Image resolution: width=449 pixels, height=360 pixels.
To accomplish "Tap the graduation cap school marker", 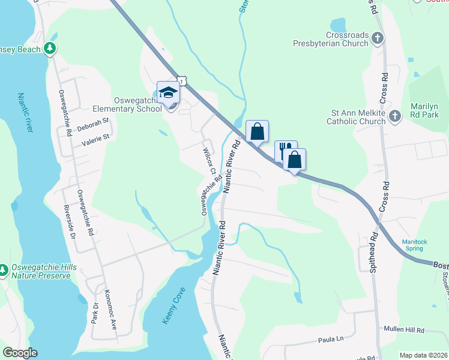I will point(168,93).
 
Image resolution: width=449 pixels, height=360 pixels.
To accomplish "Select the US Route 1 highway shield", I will point(181,81).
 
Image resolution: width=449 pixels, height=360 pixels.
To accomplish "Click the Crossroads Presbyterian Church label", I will point(330,40).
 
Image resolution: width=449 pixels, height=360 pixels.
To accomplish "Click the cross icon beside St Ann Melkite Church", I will point(394,116).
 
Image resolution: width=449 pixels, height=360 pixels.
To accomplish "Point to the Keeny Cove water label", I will point(174,306).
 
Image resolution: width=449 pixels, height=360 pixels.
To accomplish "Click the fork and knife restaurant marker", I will point(286,150).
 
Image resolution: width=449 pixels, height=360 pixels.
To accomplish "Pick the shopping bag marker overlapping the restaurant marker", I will point(294,160).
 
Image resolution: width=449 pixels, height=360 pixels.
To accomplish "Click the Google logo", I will point(20,352).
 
